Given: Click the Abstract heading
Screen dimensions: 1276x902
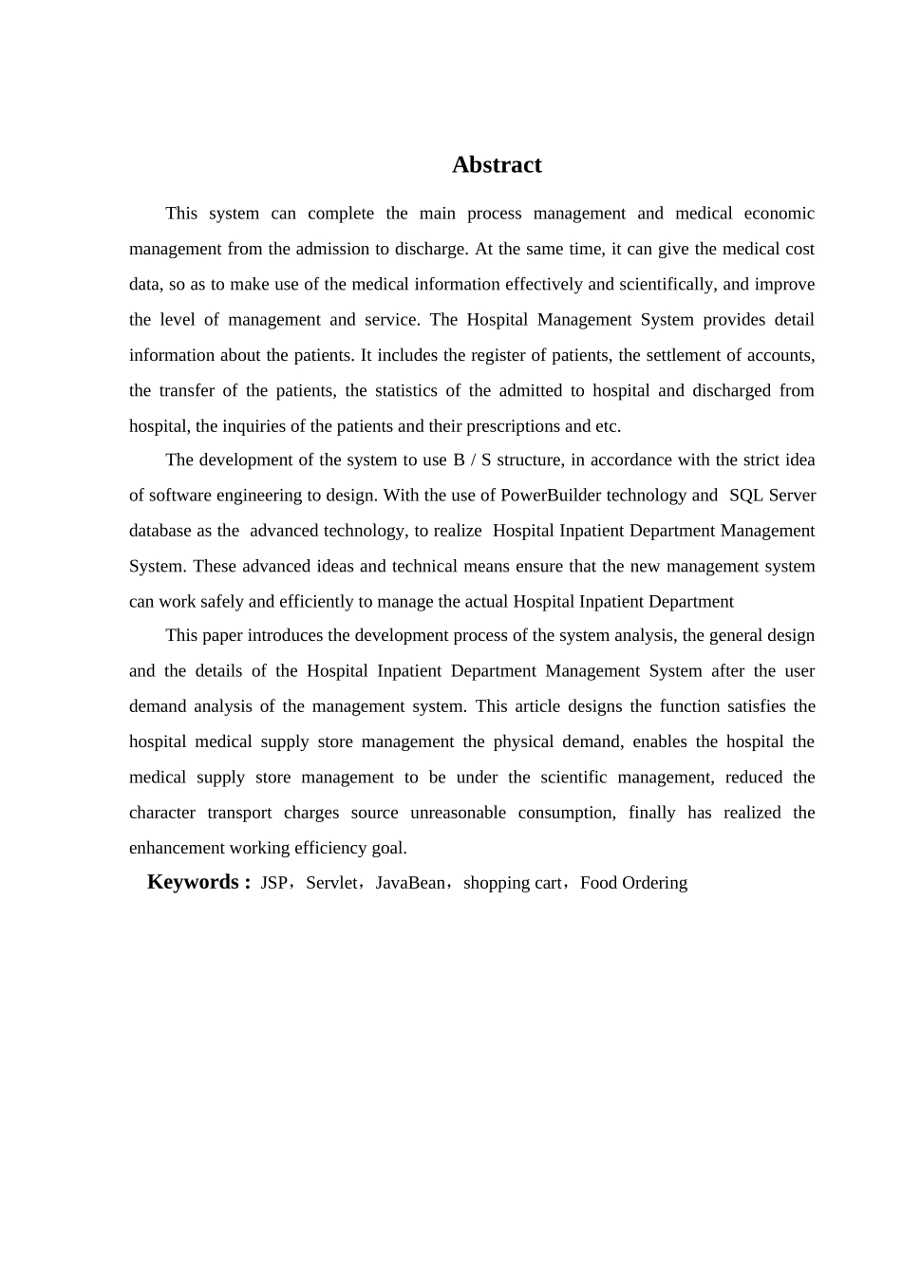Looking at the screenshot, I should [497, 165].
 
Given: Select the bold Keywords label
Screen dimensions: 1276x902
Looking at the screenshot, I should [193, 882].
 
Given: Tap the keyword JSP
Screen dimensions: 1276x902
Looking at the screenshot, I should [273, 883].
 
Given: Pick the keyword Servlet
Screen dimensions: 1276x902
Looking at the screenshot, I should [331, 883].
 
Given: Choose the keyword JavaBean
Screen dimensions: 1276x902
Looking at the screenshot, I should [410, 883].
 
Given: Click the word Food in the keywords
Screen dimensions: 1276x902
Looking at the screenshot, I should [598, 883].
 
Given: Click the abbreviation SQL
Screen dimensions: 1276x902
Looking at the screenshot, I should [746, 496].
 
